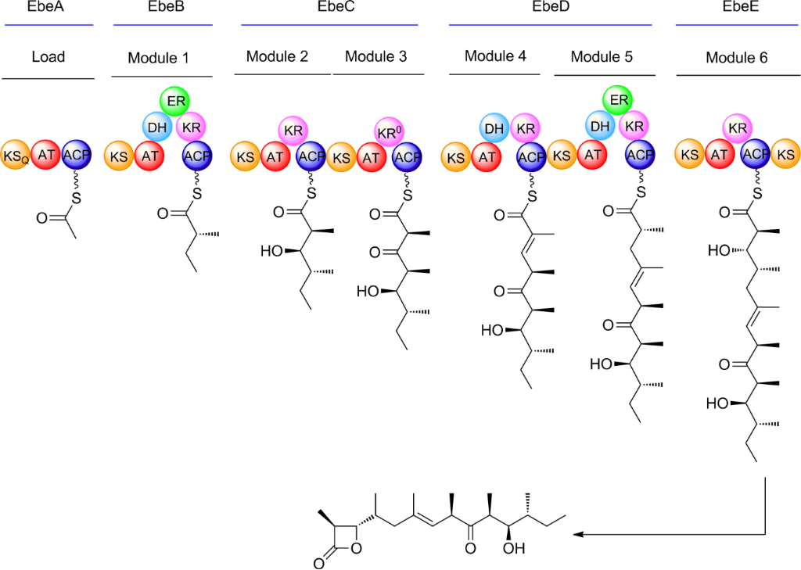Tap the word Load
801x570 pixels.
[x=48, y=56]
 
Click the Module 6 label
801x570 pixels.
[x=736, y=58]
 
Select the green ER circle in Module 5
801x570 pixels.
[x=618, y=99]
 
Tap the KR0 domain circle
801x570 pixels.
[x=389, y=132]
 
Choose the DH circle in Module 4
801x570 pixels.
[x=494, y=127]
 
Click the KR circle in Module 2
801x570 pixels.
[x=293, y=131]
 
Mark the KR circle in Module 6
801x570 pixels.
[x=736, y=127]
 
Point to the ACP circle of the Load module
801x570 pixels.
[x=76, y=155]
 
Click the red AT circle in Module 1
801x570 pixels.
[x=149, y=156]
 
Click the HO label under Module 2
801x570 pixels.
[x=271, y=251]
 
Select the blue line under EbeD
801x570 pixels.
[x=550, y=24]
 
